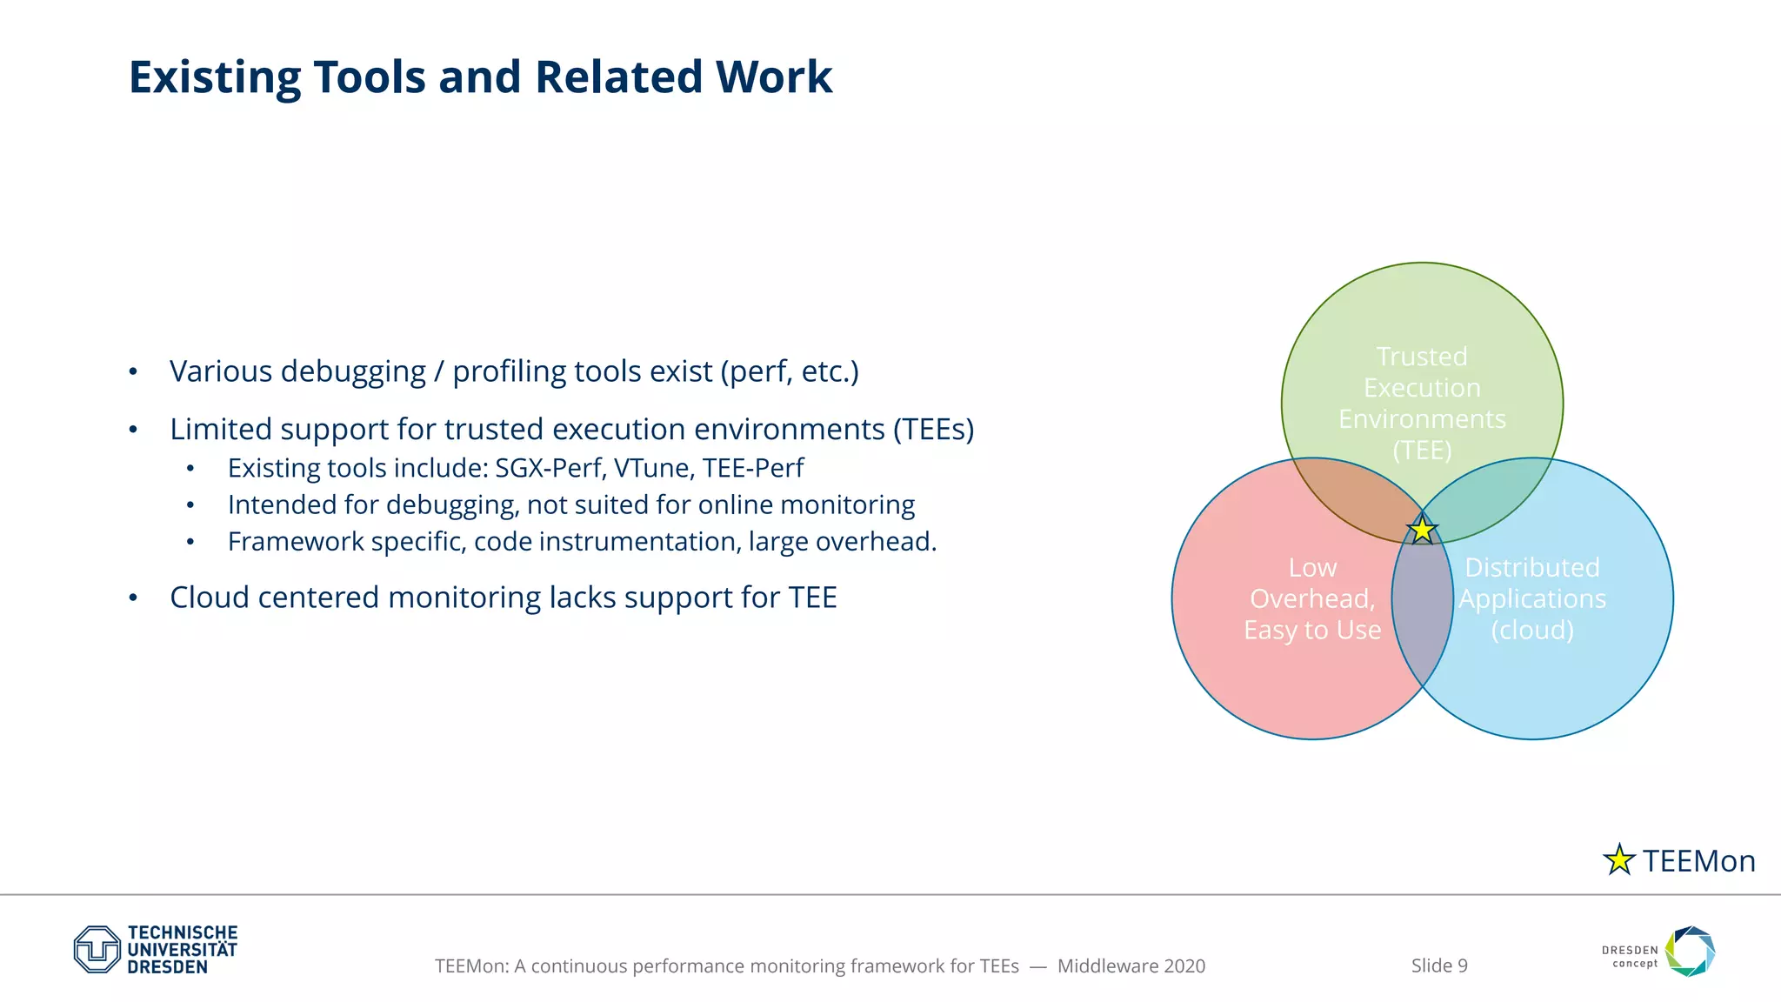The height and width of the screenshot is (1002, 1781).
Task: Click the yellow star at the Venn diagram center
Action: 1422,530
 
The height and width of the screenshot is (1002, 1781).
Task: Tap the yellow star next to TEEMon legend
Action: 1618,860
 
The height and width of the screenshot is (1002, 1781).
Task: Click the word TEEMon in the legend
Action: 1699,861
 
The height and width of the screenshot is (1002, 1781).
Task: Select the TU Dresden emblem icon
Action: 97,949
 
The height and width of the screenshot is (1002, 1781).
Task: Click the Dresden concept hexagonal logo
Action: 1690,951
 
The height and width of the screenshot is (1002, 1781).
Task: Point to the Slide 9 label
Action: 1439,965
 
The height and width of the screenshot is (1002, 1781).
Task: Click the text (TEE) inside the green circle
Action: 1422,451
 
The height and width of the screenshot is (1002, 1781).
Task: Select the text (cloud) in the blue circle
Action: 1532,630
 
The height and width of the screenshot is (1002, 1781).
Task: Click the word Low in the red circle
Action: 1312,568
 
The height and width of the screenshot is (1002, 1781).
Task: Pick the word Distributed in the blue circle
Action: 1532,568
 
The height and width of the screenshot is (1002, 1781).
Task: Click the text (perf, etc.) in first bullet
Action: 790,371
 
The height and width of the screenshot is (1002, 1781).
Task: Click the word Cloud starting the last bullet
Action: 210,598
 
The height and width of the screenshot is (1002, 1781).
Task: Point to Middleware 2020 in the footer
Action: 1131,965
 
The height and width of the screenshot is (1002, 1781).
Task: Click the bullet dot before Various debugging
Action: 133,372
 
